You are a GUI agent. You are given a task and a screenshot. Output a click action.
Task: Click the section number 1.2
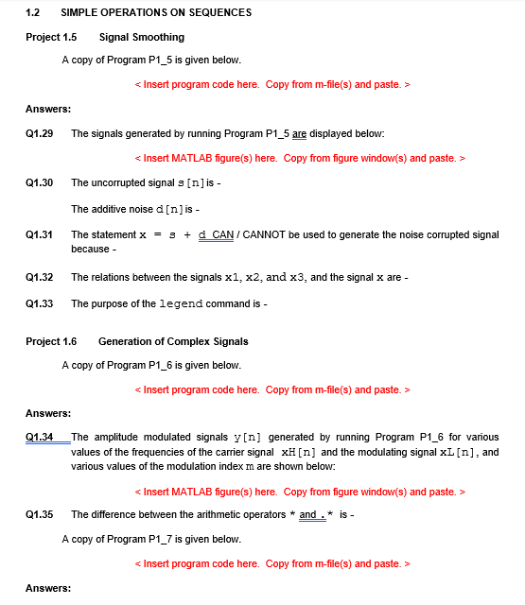(32, 12)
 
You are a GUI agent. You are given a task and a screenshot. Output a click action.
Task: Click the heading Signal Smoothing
(141, 37)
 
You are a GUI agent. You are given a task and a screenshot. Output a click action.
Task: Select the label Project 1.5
(51, 37)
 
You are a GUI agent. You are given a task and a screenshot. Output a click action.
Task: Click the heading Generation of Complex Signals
(173, 341)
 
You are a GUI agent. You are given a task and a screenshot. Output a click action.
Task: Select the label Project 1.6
(51, 341)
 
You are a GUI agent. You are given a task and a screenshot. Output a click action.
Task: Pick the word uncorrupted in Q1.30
(118, 181)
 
